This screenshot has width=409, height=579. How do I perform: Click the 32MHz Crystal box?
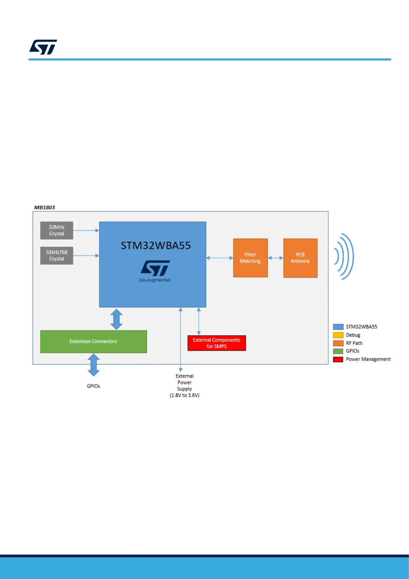[57, 230]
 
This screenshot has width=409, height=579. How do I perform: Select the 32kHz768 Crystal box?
[57, 255]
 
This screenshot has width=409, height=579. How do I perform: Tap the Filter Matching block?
[250, 258]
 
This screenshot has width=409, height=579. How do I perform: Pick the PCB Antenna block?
[300, 258]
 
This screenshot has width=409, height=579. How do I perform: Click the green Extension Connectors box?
[93, 341]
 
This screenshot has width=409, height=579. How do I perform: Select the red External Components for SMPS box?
[217, 343]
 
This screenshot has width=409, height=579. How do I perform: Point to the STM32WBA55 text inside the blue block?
[156, 245]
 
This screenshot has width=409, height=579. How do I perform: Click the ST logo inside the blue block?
[155, 269]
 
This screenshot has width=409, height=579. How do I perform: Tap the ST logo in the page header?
[43, 47]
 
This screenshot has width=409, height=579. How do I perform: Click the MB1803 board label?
[45, 207]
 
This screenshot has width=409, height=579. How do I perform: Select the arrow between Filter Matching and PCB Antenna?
[275, 258]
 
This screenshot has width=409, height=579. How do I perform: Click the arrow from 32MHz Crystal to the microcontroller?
[86, 230]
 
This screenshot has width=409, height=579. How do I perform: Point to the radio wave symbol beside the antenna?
[344, 256]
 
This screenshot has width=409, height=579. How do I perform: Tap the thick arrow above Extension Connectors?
[116, 319]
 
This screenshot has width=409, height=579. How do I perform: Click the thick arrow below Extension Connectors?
[93, 365]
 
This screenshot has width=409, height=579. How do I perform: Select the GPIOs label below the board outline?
[93, 386]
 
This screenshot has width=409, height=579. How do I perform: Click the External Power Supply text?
[184, 385]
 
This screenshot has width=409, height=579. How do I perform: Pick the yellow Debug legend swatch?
[338, 335]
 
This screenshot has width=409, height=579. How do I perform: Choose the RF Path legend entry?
[354, 343]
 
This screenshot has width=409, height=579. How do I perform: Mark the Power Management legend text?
[368, 359]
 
